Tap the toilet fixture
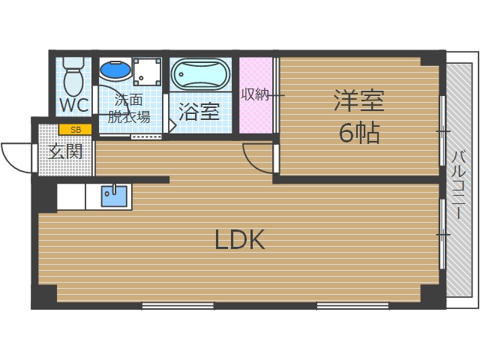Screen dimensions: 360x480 pyautogui.click(x=73, y=75)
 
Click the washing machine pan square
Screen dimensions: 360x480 pyautogui.click(x=147, y=73)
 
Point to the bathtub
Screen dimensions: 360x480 pyautogui.click(x=199, y=75)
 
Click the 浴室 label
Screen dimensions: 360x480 pyautogui.click(x=199, y=112)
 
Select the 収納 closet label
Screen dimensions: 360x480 pyautogui.click(x=255, y=94)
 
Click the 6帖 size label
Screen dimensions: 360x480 pyautogui.click(x=359, y=133)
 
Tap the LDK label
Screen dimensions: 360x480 pyautogui.click(x=240, y=240)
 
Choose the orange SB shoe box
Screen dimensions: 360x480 pyautogui.click(x=74, y=130)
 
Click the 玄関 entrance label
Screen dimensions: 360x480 pyautogui.click(x=66, y=151)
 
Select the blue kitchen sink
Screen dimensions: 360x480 pyautogui.click(x=114, y=196)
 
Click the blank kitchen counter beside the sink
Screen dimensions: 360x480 pyautogui.click(x=71, y=196)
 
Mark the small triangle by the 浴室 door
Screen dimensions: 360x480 pyautogui.click(x=172, y=126)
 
